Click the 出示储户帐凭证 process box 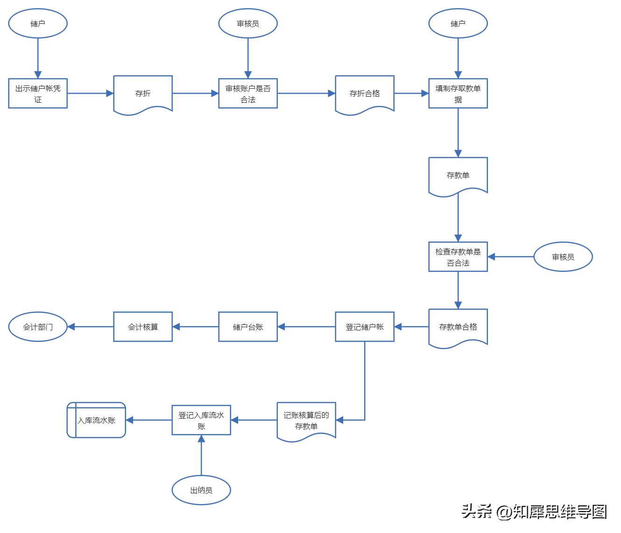(x=38, y=93)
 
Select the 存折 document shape (x=143, y=93)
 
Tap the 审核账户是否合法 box (x=248, y=93)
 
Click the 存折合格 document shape (x=365, y=93)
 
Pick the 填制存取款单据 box (x=458, y=93)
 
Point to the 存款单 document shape (x=458, y=175)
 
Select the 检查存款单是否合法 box (x=458, y=257)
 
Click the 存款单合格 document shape (x=458, y=327)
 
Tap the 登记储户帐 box (x=365, y=327)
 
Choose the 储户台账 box (x=248, y=327)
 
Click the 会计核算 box (x=143, y=327)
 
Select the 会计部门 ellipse (x=38, y=327)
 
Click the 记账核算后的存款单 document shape (x=306, y=420)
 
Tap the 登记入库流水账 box (x=201, y=420)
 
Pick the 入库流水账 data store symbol (x=96, y=420)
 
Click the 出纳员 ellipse (x=201, y=490)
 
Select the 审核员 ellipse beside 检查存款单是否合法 (x=563, y=257)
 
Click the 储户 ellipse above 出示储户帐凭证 (x=38, y=23)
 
